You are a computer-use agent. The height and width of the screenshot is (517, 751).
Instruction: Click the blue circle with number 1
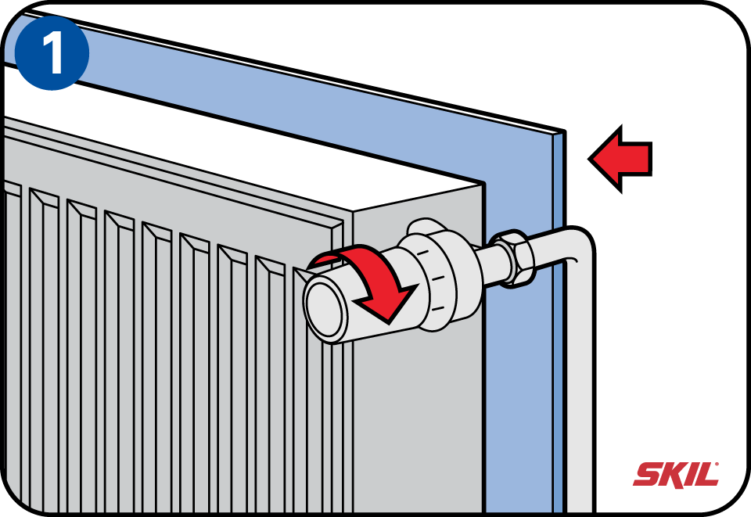[52, 52]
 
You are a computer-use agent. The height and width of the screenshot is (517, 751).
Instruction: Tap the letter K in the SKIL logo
[672, 474]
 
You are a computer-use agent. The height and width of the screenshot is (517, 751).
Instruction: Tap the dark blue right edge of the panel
[559, 352]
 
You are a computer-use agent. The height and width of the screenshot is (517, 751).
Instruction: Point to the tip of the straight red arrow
[591, 159]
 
